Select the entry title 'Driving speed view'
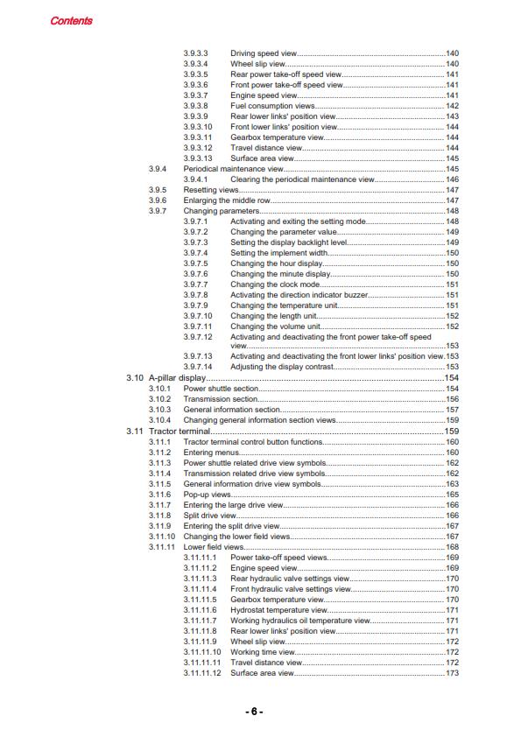tap(264, 54)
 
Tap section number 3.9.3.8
tap(196, 106)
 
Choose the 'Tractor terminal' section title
tap(179, 432)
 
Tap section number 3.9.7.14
tap(199, 367)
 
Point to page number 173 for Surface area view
tap(453, 673)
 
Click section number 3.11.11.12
tap(202, 673)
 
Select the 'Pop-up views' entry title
tap(208, 495)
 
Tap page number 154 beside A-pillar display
tap(453, 377)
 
